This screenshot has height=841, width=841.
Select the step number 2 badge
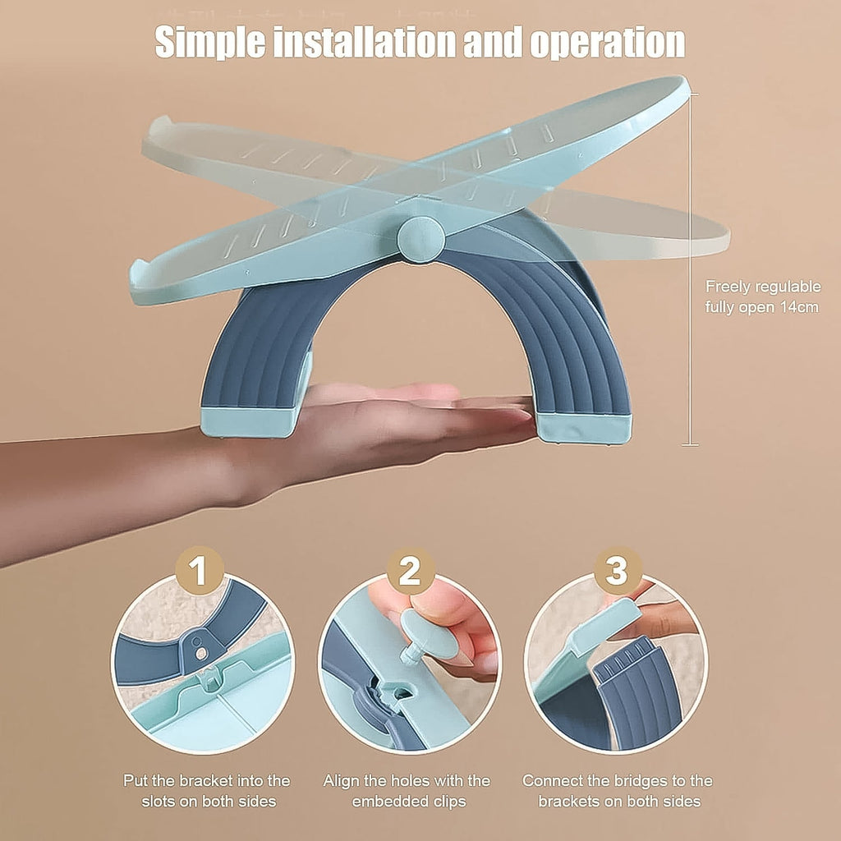410,569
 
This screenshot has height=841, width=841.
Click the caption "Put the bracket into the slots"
206,790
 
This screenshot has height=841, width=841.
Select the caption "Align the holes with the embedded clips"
407,790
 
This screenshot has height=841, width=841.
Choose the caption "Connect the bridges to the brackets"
617,790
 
